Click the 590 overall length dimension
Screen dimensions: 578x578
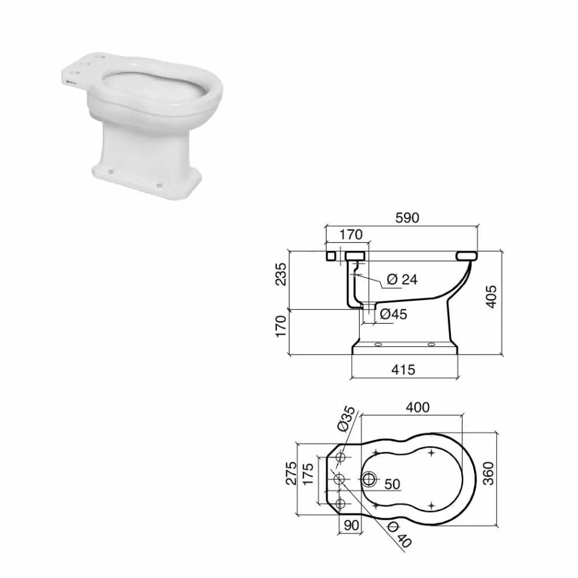click(407, 218)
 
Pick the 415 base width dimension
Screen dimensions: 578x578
click(403, 369)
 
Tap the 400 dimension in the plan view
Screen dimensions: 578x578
click(417, 407)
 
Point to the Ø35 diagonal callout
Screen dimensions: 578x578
click(346, 419)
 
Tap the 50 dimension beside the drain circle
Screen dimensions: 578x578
click(392, 485)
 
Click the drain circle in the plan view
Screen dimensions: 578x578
click(368, 479)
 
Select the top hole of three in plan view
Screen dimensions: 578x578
click(341, 457)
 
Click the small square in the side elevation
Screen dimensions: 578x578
click(332, 256)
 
